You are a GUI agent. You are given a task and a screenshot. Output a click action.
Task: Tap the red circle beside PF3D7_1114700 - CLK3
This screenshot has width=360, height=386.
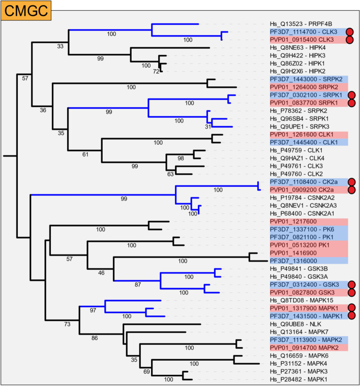point(350,31)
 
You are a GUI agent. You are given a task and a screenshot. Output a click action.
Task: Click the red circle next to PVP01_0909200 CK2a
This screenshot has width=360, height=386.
point(350,190)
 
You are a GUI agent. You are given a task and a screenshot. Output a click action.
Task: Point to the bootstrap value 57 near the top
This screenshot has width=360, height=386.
point(25,78)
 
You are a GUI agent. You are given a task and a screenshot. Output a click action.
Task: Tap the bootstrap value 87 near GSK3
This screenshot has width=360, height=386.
point(152,284)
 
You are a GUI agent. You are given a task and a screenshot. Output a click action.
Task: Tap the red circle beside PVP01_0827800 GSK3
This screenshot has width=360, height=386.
point(350,293)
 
